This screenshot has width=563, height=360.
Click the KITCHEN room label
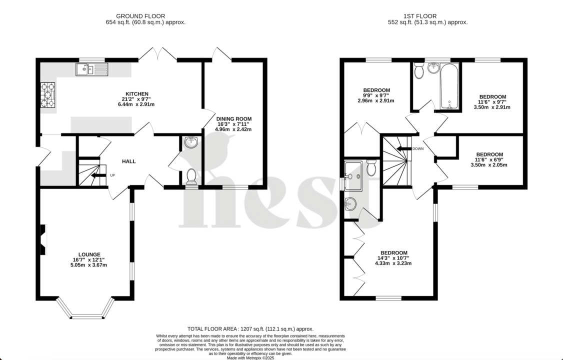pyautogui.click(x=137, y=93)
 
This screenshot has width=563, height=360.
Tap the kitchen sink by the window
pyautogui.click(x=92, y=69)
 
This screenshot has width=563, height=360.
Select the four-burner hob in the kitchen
pyautogui.click(x=48, y=95)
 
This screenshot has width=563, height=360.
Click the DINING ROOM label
pyautogui.click(x=233, y=118)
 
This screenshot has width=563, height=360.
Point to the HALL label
pyautogui.click(x=128, y=161)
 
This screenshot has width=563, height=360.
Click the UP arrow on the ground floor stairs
pyautogui.click(x=98, y=175)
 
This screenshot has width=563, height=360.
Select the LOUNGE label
pyautogui.click(x=89, y=254)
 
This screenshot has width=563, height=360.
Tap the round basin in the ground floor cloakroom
pyautogui.click(x=191, y=143)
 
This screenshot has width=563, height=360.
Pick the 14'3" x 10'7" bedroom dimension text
pyautogui.click(x=393, y=258)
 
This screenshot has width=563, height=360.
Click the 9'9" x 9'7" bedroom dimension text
pyautogui.click(x=376, y=95)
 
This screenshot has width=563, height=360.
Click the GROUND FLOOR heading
pyautogui.click(x=140, y=16)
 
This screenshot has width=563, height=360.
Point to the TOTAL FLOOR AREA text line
pyautogui.click(x=250, y=328)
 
